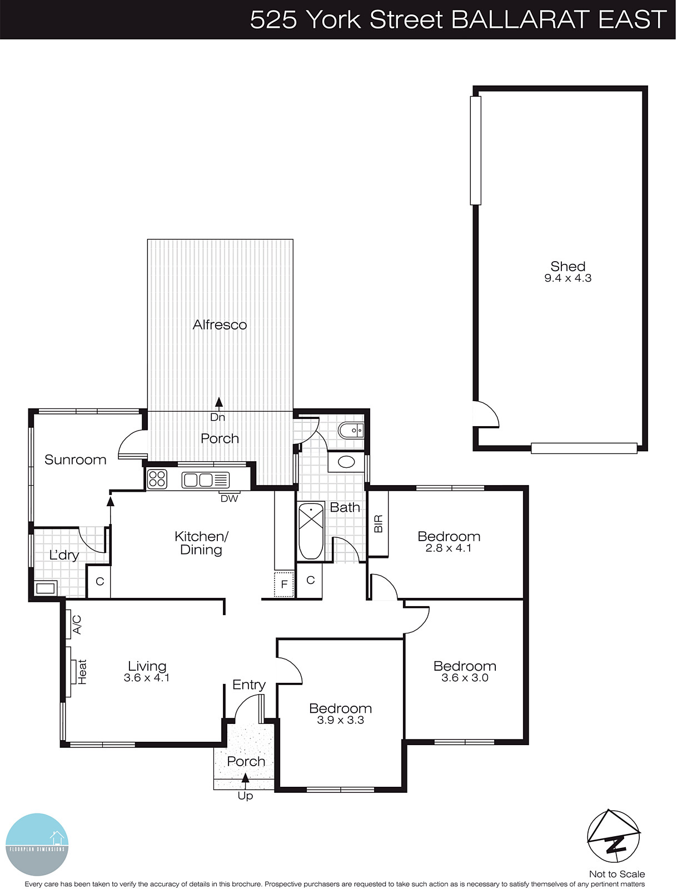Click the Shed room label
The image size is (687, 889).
point(567,266)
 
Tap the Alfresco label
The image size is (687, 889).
point(220,324)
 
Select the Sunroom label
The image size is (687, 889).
point(75,460)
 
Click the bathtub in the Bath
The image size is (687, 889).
point(311,531)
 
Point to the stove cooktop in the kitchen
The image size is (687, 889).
point(157,479)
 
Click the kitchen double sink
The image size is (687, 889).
point(198,480)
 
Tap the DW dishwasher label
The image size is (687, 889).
point(229,498)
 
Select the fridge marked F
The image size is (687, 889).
point(284,585)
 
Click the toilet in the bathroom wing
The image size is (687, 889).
point(351,430)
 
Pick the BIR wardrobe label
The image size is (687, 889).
point(379,523)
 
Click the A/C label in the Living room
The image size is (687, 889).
point(77,624)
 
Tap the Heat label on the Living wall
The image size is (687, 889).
point(82,672)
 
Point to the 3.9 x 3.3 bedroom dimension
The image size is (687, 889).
point(340,720)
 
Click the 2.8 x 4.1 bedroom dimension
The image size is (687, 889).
point(449,548)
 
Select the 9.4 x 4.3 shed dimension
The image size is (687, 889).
point(567,278)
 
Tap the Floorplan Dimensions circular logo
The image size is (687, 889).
point(37,844)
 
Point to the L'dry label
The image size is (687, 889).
point(64,555)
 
